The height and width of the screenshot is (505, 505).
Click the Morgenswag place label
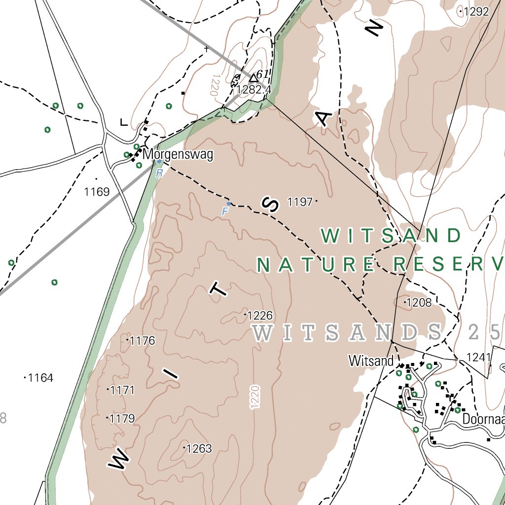click(178, 155)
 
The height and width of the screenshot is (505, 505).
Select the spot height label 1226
click(259, 315)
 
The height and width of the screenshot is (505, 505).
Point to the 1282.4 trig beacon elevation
click(254, 90)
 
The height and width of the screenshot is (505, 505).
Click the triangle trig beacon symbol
click(253, 77)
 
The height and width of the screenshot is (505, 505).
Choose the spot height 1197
click(300, 202)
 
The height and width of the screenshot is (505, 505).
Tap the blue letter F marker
click(225, 212)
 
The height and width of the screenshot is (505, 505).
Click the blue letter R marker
click(159, 173)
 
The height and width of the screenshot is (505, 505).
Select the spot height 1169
click(97, 192)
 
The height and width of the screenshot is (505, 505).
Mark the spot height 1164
click(40, 378)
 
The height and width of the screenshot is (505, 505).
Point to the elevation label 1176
click(142, 341)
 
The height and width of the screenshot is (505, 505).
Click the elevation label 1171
click(122, 391)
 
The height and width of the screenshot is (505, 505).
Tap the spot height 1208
click(419, 302)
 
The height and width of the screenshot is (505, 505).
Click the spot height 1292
click(475, 12)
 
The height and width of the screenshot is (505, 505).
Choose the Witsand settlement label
click(371, 361)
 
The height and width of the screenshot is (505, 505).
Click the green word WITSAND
click(391, 236)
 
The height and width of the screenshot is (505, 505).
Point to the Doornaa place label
click(483, 419)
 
